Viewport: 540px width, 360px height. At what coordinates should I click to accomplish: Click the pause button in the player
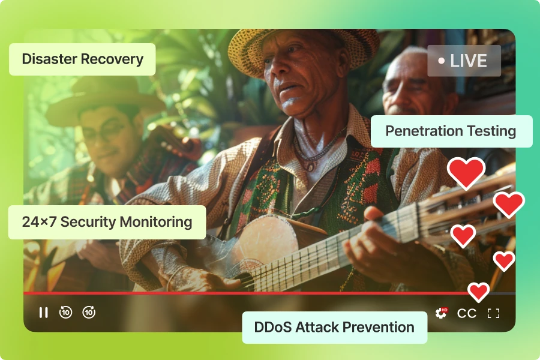pyautogui.click(x=43, y=313)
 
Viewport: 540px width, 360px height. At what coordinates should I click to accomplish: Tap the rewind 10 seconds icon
pyautogui.click(x=65, y=312)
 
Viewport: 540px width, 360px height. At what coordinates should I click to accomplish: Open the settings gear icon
pyautogui.click(x=441, y=313)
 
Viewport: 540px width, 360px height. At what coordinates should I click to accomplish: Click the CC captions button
pyautogui.click(x=467, y=313)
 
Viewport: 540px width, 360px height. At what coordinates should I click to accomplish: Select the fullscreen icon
pyautogui.click(x=494, y=313)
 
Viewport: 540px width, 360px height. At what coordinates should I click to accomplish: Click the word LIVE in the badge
pyautogui.click(x=469, y=61)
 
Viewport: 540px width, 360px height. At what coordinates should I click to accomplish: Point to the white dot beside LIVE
pyautogui.click(x=441, y=61)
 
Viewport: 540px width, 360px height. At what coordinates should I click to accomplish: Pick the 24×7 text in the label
pyautogui.click(x=39, y=222)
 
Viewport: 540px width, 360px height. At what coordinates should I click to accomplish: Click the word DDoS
pyautogui.click(x=272, y=327)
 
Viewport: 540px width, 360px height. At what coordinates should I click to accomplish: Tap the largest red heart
pyautogui.click(x=466, y=173)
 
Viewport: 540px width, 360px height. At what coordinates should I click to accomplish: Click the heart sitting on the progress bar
pyautogui.click(x=478, y=292)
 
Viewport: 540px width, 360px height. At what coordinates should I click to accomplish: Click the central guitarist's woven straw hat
pyautogui.click(x=302, y=48)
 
